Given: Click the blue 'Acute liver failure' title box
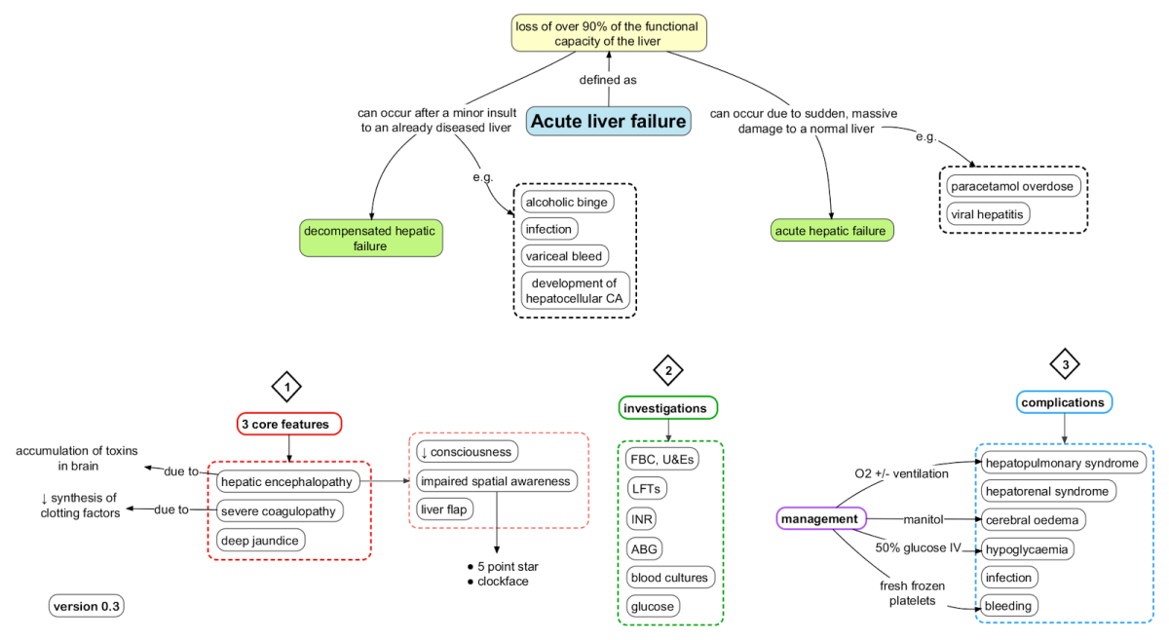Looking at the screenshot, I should (609, 121).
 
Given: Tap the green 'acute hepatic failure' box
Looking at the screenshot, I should (831, 231).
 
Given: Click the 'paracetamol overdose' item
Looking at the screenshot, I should (1012, 185).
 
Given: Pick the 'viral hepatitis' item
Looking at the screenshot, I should (988, 212).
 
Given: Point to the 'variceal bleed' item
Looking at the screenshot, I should (565, 255).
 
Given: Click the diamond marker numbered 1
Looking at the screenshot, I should (286, 387).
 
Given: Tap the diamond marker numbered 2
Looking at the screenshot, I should (667, 370).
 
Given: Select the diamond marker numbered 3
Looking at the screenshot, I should (1065, 364).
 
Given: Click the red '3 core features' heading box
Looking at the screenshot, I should (289, 424).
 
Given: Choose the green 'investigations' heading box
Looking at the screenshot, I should (668, 408).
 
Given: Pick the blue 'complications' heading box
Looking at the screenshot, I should (1065, 401).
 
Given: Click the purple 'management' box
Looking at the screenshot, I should (818, 519).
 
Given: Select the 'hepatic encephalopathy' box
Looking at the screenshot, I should (287, 481).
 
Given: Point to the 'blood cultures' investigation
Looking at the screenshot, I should (670, 577).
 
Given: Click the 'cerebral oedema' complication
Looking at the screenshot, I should (1033, 519).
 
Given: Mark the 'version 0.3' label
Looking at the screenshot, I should (87, 606).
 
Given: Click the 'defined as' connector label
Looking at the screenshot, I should (607, 80).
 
